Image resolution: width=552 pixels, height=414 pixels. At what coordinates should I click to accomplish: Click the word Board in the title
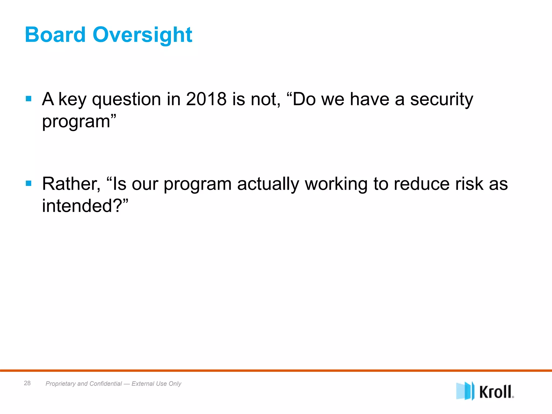pyautogui.click(x=55, y=35)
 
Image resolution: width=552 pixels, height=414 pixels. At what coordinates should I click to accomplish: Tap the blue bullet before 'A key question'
pyautogui.click(x=29, y=99)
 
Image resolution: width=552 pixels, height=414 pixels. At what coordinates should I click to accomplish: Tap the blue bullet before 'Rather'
pyautogui.click(x=29, y=184)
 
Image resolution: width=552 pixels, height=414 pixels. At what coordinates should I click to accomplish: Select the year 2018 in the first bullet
pyautogui.click(x=206, y=99)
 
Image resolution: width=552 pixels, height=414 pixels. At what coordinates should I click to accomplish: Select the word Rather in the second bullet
pyautogui.click(x=71, y=184)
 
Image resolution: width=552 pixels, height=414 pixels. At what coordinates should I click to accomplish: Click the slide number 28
pyautogui.click(x=27, y=383)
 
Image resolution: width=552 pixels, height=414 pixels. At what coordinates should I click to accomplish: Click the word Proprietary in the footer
pyautogui.click(x=60, y=384)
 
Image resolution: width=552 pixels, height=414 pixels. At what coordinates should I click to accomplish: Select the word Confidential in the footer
pyautogui.click(x=106, y=384)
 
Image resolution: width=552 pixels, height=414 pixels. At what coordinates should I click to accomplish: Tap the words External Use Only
pyautogui.click(x=156, y=384)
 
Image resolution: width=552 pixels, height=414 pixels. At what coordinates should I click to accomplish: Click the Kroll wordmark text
pyautogui.click(x=496, y=392)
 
